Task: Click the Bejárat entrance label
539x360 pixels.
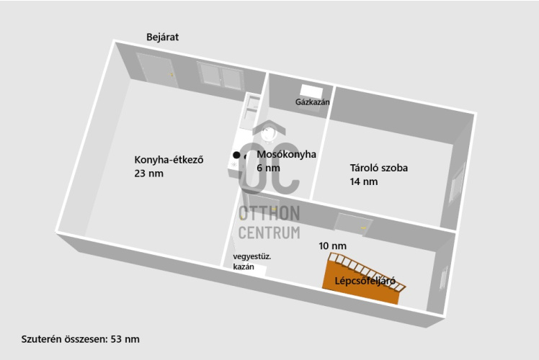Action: point(162,37)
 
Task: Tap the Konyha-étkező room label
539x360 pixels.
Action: point(169,160)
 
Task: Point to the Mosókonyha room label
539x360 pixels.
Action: point(286,154)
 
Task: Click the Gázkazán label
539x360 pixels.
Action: point(312,102)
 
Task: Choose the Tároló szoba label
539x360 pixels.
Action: point(378,168)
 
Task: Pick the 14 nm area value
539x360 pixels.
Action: point(364,181)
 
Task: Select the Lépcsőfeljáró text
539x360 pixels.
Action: point(365,282)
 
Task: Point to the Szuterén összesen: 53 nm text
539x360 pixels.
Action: point(80,338)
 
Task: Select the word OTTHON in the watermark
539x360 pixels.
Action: point(269,213)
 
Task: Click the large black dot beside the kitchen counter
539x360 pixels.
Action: point(236,155)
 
